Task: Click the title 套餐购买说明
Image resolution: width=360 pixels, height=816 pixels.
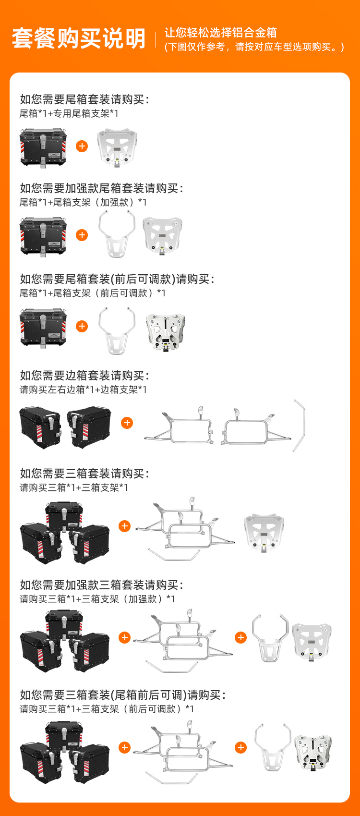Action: pyautogui.click(x=79, y=38)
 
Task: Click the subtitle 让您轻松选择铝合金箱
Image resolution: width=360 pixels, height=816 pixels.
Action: pyautogui.click(x=221, y=33)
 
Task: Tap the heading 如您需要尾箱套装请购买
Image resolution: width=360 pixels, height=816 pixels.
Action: pyautogui.click(x=84, y=99)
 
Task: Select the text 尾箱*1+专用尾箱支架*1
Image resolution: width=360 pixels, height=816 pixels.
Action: pyautogui.click(x=69, y=114)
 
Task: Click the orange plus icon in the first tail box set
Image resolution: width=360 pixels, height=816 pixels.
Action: pyautogui.click(x=82, y=146)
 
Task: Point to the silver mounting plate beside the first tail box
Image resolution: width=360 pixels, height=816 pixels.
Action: pyautogui.click(x=117, y=147)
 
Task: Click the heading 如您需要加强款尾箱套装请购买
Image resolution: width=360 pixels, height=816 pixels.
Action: pyautogui.click(x=101, y=188)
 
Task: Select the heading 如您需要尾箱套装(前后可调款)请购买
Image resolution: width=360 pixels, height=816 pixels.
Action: pyautogui.click(x=117, y=279)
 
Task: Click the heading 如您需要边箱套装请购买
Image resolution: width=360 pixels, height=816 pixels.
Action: pyautogui.click(x=84, y=375)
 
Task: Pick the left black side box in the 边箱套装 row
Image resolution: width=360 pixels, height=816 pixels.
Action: pyautogui.click(x=40, y=427)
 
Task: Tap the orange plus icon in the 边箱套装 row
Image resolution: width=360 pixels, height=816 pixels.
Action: pyautogui.click(x=127, y=423)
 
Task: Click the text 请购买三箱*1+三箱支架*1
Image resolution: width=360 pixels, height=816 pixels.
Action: pyautogui.click(x=74, y=487)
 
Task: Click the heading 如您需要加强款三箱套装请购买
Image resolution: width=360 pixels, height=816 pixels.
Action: pyautogui.click(x=101, y=585)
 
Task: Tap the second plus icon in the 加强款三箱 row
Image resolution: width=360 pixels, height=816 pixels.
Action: pyautogui.click(x=241, y=637)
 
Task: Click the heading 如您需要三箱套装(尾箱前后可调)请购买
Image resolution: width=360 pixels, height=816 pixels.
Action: pyautogui.click(x=123, y=694)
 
